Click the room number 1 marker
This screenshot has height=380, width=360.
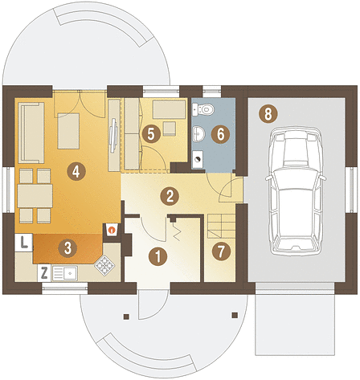[158, 256]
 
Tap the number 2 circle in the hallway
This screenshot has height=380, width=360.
[170, 196]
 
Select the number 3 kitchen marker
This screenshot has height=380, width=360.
[67, 248]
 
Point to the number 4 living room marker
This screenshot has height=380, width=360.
[76, 171]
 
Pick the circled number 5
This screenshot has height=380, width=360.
[151, 133]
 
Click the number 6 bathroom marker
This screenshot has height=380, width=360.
[220, 134]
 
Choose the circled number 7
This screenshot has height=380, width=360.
[221, 251]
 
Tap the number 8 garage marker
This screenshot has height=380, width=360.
[268, 114]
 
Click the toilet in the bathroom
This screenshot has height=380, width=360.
[203, 109]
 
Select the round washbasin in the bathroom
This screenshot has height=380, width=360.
[198, 133]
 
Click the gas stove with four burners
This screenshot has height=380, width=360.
[104, 265]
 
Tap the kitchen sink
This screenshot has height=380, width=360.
[65, 273]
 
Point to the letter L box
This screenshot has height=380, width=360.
[24, 243]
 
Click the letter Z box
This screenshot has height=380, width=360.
[44, 273]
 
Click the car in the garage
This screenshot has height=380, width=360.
[296, 190]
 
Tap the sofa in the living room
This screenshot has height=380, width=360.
[31, 133]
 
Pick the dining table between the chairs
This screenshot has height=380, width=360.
[35, 196]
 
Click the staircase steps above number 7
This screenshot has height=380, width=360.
[222, 227]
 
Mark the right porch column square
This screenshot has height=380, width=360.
[235, 315]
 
